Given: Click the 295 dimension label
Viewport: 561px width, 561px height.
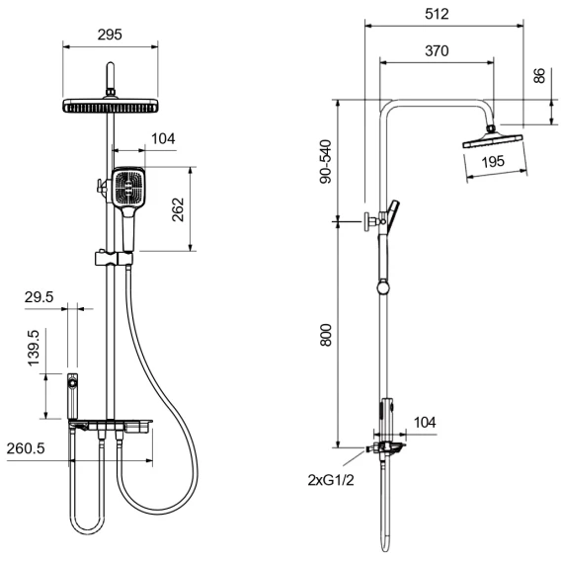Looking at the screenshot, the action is click(x=110, y=35).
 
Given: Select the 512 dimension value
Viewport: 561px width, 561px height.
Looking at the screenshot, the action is click(x=437, y=14).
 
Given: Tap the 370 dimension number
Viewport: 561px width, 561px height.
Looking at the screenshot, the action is click(x=437, y=50).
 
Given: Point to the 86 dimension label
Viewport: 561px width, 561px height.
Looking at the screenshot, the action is click(x=539, y=75).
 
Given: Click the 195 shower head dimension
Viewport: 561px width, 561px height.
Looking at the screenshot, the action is click(x=493, y=161).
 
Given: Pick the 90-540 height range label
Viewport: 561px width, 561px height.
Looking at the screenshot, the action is click(x=326, y=162).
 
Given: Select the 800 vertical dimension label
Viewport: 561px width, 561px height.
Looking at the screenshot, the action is click(x=326, y=335).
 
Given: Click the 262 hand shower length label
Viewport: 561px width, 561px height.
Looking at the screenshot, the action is click(x=178, y=209).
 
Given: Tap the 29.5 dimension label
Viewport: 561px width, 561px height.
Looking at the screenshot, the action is click(x=39, y=297).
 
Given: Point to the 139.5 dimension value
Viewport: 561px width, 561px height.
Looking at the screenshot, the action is click(x=34, y=348).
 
